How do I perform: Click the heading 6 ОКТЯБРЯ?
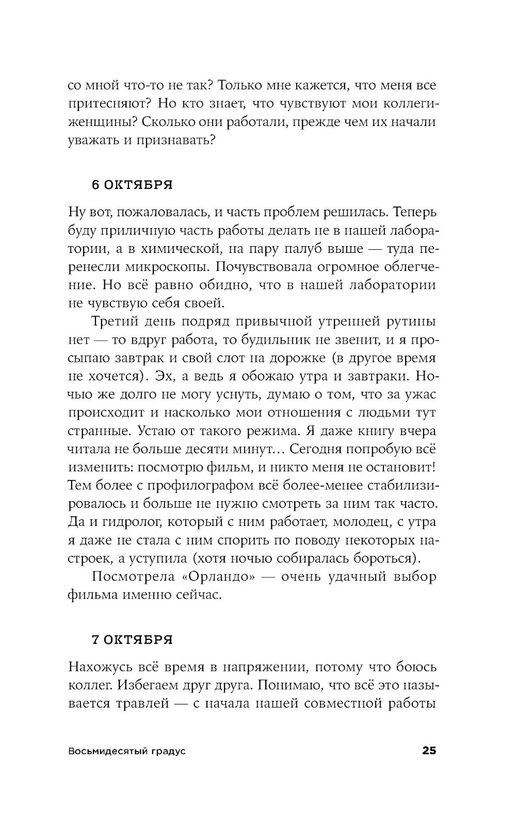click(x=132, y=185)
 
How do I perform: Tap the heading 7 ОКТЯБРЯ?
click(x=132, y=640)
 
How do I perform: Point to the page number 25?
click(x=429, y=751)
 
